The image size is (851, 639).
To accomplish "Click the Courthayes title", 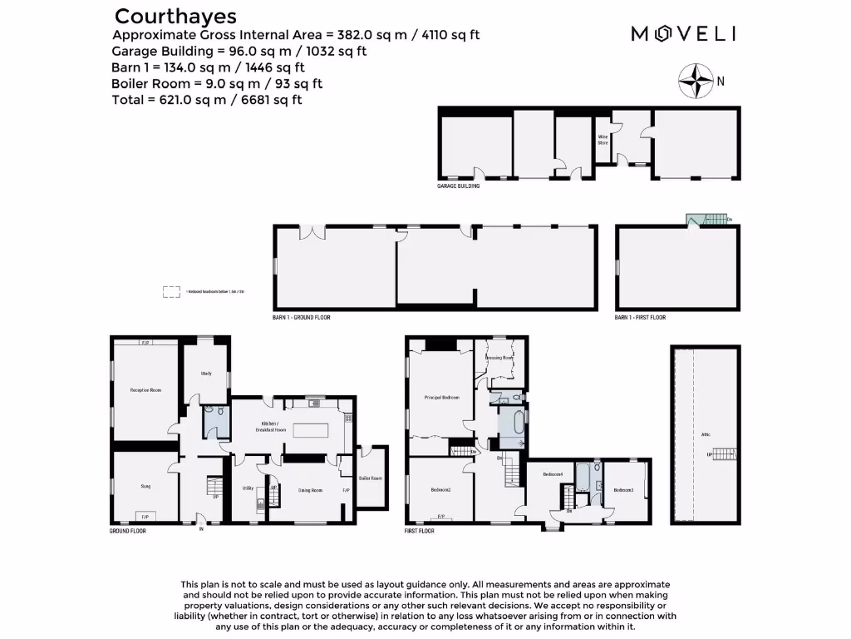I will (x=175, y=16).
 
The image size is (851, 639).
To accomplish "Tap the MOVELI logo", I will (x=683, y=33).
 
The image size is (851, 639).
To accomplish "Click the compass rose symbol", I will (x=696, y=81).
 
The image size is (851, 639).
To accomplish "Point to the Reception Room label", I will (x=145, y=389).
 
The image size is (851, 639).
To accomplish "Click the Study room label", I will (x=205, y=374).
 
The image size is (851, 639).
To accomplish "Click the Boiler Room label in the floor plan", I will (x=369, y=478).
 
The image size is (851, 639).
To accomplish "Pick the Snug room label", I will (x=145, y=485).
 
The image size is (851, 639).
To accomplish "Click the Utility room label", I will (x=247, y=488).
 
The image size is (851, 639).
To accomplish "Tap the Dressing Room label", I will (x=499, y=358).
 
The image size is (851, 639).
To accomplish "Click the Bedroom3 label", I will (x=623, y=490).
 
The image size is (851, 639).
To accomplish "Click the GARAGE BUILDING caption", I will (x=458, y=186).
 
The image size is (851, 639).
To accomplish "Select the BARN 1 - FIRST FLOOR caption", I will (x=640, y=317).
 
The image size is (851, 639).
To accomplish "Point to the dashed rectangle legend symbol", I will (x=171, y=292).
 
